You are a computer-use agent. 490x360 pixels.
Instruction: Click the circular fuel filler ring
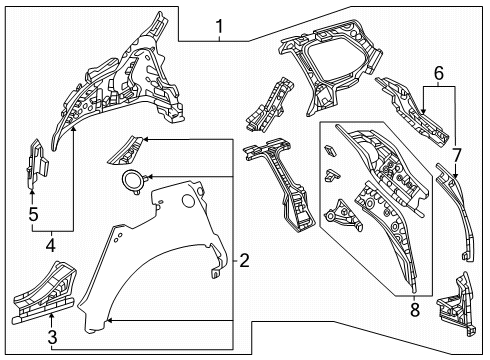click(131, 181)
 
